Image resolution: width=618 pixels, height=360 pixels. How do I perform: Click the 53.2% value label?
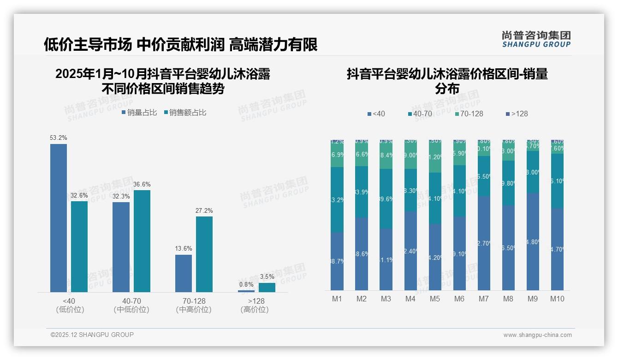pyautogui.click(x=59, y=138)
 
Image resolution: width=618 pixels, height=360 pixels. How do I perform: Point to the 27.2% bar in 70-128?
pyautogui.click(x=204, y=254)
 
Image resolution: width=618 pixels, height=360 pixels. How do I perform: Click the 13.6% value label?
pyautogui.click(x=184, y=248)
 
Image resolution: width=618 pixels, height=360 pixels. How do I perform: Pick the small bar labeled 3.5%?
pyautogui.click(x=267, y=288)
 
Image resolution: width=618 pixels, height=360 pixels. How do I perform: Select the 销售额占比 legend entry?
pyautogui.click(x=185, y=113)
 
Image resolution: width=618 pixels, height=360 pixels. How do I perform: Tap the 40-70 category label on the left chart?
pyautogui.click(x=131, y=301)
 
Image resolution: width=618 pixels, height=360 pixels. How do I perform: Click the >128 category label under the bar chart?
pyautogui.click(x=255, y=301)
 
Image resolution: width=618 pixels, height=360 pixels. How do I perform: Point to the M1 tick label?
pyautogui.click(x=337, y=299)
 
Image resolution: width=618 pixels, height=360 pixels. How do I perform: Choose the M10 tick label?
pyautogui.click(x=557, y=299)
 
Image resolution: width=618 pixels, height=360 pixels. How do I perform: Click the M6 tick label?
pyautogui.click(x=459, y=299)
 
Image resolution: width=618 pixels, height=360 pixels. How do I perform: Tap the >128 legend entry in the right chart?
pyautogui.click(x=517, y=114)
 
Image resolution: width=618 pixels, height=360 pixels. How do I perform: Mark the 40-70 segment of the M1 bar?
pyautogui.click(x=337, y=199)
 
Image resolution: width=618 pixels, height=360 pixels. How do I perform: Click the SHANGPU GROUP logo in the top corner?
pyautogui.click(x=536, y=39)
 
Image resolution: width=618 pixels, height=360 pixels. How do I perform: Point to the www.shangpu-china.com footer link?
pyautogui.click(x=537, y=335)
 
